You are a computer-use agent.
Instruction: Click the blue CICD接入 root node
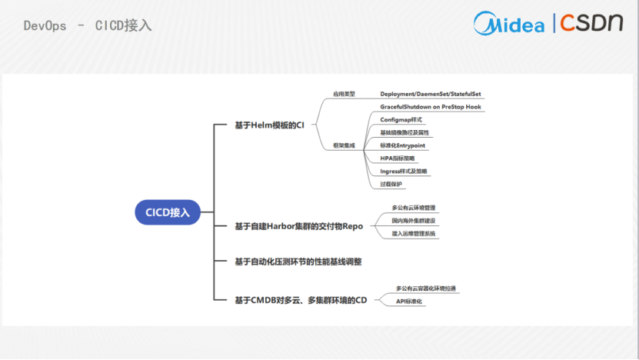pos(168,212)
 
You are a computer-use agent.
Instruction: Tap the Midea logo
pos(508,23)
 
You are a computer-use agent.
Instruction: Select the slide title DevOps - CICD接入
pos(88,25)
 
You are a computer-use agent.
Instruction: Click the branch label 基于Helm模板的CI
pos(269,125)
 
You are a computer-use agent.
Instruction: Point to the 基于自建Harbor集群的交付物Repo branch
pos(298,226)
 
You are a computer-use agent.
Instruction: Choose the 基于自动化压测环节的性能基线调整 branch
pos(298,262)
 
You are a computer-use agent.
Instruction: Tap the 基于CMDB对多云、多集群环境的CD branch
pos(301,299)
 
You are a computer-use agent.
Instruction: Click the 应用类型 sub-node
pos(344,94)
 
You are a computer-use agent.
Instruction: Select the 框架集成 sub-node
pos(344,145)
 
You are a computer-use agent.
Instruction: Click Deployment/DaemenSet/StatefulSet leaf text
pos(430,94)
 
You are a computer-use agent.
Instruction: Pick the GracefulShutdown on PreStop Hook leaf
pos(431,107)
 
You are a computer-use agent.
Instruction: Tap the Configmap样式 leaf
pos(401,120)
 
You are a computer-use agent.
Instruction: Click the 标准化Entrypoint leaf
pos(403,145)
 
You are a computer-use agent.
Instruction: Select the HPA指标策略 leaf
pos(398,158)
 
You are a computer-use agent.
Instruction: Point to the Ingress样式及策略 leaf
pos(404,171)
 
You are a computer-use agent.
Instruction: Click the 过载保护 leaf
pos(391,184)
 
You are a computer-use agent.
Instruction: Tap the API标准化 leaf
pos(410,302)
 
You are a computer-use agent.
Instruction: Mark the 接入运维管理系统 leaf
pos(414,233)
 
